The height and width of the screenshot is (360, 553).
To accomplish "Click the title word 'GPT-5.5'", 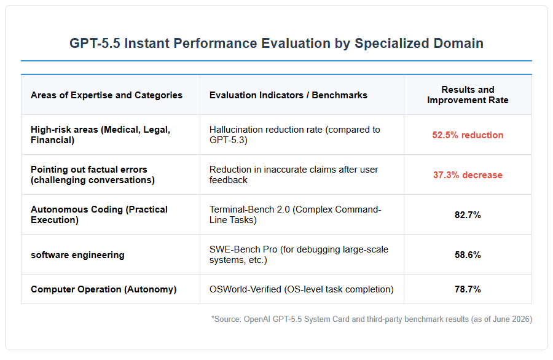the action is pos(95,44).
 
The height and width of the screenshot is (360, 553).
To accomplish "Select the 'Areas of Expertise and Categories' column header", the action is pos(106,95).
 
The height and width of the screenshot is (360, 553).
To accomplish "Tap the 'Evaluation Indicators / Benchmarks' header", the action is pos(288,95).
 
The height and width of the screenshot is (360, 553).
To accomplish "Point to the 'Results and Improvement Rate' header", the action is pos(468,95).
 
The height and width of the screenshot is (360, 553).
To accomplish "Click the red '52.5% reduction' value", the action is pos(468,135).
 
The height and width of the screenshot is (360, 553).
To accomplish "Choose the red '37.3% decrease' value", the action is pos(468,175).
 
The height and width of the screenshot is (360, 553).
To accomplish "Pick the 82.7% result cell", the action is pos(468,215).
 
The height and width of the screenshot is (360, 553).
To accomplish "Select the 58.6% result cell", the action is pos(468,254).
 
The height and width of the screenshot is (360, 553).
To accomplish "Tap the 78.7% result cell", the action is pos(468,289).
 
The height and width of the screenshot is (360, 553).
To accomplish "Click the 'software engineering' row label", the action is pos(77,255).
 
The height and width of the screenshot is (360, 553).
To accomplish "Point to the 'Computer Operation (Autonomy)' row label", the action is pos(104,289).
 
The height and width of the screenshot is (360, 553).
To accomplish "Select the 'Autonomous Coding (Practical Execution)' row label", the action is pos(99,215).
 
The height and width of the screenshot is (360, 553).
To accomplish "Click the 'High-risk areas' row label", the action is pos(101,135).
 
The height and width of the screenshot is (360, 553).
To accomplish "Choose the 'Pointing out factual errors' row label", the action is pos(93,174).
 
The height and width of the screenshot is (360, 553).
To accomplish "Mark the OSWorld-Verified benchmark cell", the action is pos(302,289).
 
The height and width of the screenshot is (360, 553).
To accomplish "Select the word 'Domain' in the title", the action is pos(458,44).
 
